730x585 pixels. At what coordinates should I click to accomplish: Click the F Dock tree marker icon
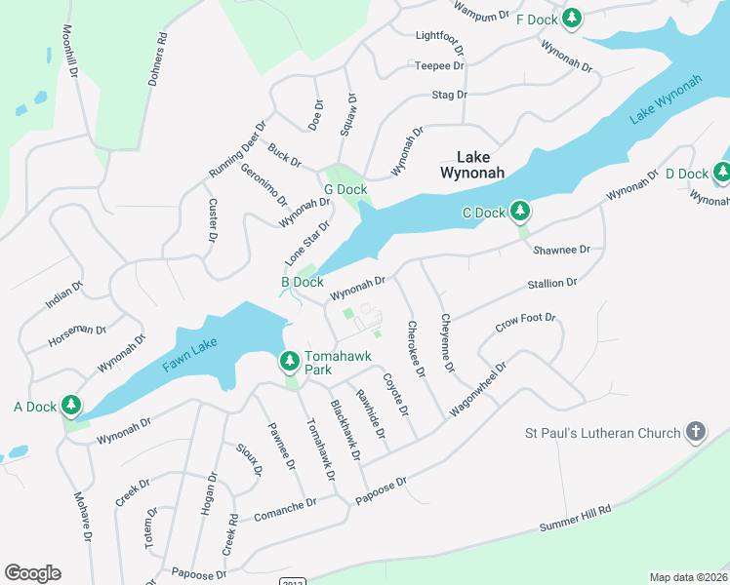click(572, 19)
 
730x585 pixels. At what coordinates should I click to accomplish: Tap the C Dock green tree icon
click(521, 212)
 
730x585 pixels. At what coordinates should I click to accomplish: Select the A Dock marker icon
click(71, 406)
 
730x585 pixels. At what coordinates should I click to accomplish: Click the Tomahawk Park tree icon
click(290, 362)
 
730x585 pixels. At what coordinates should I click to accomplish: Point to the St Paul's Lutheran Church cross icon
click(696, 432)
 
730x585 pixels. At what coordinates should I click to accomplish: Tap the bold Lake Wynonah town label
click(472, 165)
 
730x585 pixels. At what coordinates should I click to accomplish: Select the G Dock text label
click(345, 190)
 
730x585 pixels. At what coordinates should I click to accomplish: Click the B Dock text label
click(302, 282)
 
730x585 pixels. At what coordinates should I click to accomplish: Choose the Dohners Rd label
click(158, 60)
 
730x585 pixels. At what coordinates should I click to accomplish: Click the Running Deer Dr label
click(237, 149)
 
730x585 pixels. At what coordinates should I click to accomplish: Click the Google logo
click(32, 573)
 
